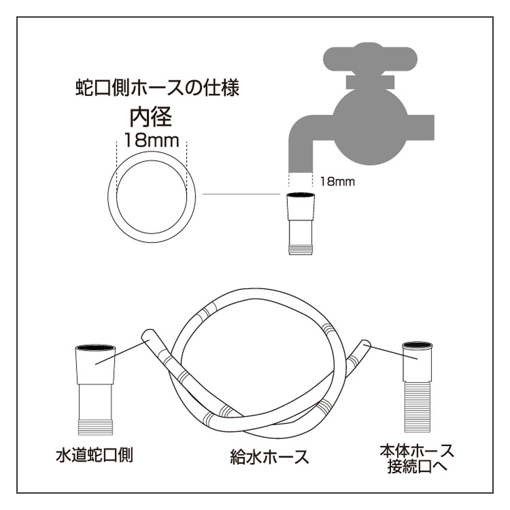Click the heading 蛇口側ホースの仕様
point(157,88)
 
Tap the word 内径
point(150,117)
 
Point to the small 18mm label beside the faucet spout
point(337,182)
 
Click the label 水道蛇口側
point(95,455)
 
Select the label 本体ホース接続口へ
point(417,459)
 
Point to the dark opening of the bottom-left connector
point(96,347)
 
